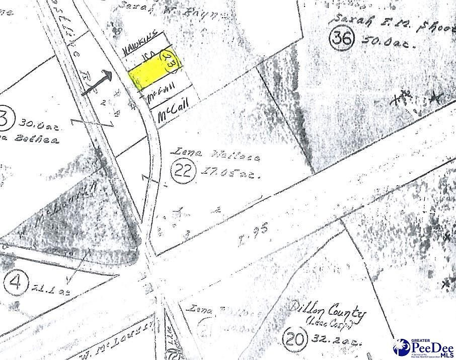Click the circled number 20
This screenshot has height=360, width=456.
(x=293, y=338)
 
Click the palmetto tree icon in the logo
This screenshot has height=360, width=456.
(x=402, y=347)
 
